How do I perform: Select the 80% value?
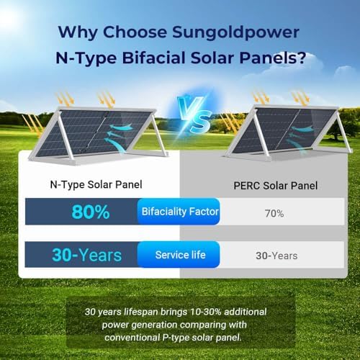click(90, 213)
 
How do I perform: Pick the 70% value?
click(274, 214)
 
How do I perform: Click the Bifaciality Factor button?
click(179, 212)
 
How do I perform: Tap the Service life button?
click(180, 255)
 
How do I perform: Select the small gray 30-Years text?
click(276, 256)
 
